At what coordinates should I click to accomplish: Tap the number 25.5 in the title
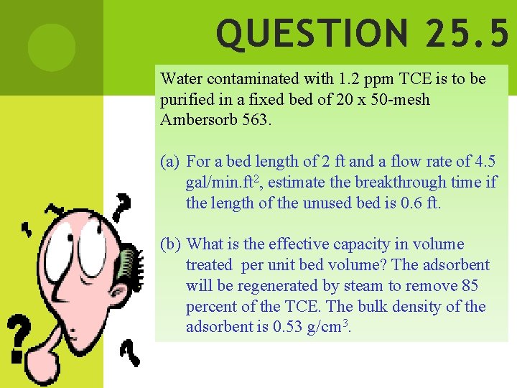[x=467, y=34]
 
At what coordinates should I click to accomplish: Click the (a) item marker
[x=170, y=162]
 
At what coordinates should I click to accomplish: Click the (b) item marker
[x=171, y=244]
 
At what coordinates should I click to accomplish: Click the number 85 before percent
[x=470, y=286]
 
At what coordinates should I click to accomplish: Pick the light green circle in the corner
[x=51, y=47]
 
